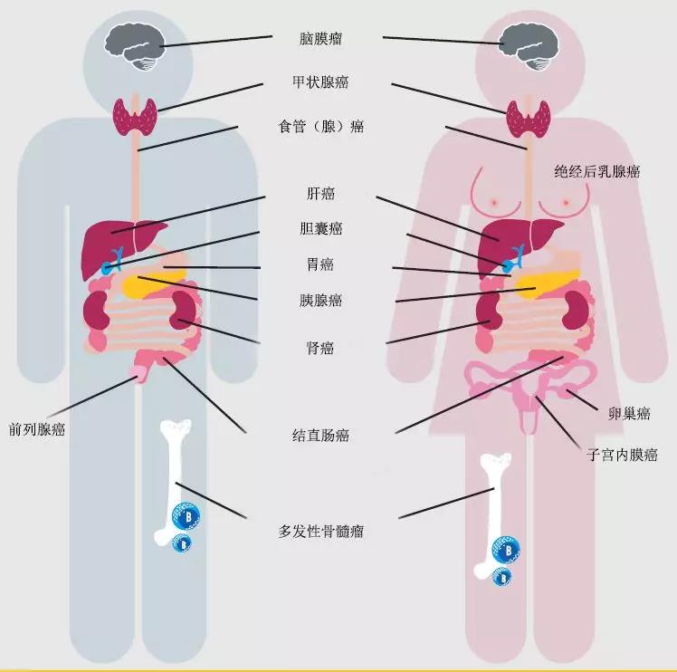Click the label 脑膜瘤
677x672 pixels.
pyautogui.click(x=320, y=39)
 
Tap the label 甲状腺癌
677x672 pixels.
pyautogui.click(x=320, y=82)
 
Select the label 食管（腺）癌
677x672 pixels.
pyautogui.click(x=320, y=127)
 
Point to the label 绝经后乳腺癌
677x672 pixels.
pyautogui.click(x=596, y=171)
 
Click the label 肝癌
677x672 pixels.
pyautogui.click(x=320, y=193)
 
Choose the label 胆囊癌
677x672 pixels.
pyautogui.click(x=320, y=228)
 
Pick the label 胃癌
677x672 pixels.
pyautogui.click(x=319, y=264)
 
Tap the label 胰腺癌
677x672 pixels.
pyautogui.click(x=320, y=300)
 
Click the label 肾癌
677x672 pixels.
pyautogui.click(x=319, y=348)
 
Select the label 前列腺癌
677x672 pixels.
pyautogui.click(x=37, y=429)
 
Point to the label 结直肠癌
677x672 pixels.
pyautogui.click(x=320, y=435)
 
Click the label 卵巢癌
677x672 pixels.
pyautogui.click(x=629, y=414)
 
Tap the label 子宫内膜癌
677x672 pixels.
pyautogui.click(x=622, y=455)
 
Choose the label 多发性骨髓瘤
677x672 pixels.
pyautogui.click(x=320, y=531)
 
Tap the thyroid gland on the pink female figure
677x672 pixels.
pyautogui.click(x=528, y=119)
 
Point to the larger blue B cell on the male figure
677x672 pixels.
pyautogui.click(x=186, y=516)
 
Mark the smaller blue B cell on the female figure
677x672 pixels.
pyautogui.click(x=501, y=577)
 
